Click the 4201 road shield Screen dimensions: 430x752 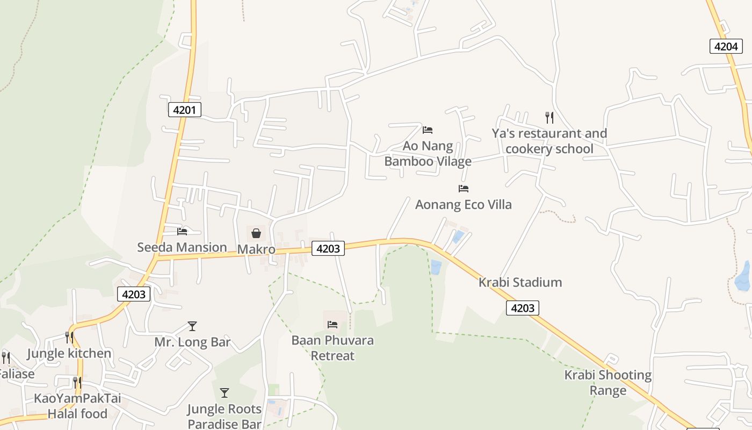coord(184,110)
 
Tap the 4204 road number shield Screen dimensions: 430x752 coord(726,46)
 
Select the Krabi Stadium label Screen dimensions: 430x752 coord(520,282)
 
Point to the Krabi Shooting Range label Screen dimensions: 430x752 coord(608,382)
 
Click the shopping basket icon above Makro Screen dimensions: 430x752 coord(256,233)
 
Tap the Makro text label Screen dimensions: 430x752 coord(256,249)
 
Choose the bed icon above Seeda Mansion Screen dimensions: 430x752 coord(182,231)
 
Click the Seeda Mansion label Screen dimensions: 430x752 coord(182,247)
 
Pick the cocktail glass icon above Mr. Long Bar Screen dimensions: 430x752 coord(192,326)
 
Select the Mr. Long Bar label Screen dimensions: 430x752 coord(192,342)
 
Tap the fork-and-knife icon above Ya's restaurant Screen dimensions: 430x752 coord(549,117)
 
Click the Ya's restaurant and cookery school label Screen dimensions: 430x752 coord(549,141)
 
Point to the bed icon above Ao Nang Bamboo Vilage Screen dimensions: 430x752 coord(428,130)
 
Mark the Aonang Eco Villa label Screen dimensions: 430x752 coord(463,204)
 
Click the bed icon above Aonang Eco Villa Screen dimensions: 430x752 coord(463,188)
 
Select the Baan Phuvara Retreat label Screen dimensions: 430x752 coord(332,348)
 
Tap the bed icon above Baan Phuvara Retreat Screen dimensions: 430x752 coord(332,324)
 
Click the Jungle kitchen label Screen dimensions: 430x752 coord(69,353)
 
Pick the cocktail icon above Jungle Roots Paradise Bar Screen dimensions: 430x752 coord(225,392)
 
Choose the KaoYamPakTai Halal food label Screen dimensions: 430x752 coord(77,406)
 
